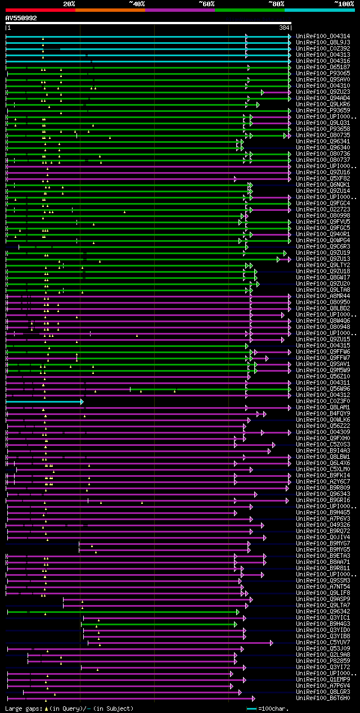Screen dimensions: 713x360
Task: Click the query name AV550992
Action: click(x=21, y=18)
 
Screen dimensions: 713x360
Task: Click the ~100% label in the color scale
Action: click(x=344, y=3)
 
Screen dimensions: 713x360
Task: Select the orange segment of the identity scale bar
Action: click(x=110, y=10)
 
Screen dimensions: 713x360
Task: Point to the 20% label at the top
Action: click(x=69, y=3)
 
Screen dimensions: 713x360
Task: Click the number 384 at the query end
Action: click(x=284, y=28)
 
